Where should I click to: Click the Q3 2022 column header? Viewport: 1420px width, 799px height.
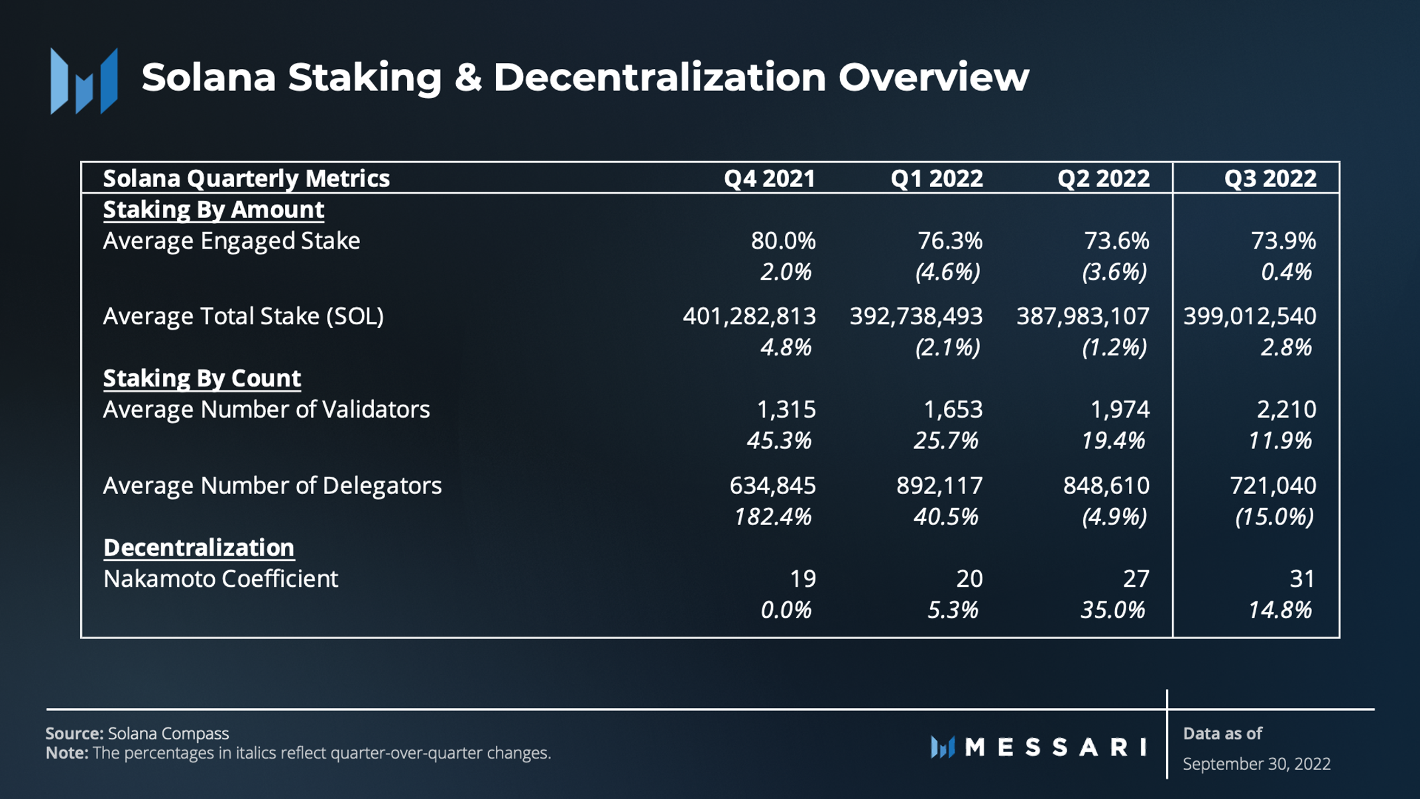[x=1270, y=178]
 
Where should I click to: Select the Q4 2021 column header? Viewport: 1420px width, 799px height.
[x=769, y=178]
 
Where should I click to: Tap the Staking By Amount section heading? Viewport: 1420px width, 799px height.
[x=213, y=210]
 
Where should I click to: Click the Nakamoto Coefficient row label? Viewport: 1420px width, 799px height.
[x=221, y=579]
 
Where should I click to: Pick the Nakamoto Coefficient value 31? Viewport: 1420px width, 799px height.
[x=1302, y=579]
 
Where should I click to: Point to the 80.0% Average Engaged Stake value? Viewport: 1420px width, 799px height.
[x=783, y=241]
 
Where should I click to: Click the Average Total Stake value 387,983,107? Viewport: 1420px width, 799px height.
[x=1083, y=316]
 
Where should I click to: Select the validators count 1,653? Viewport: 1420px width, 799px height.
[x=953, y=410]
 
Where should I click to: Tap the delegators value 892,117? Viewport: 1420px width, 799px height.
[x=939, y=486]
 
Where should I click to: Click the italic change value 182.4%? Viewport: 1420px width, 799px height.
[x=772, y=517]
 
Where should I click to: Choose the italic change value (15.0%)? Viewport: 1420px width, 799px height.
[x=1273, y=517]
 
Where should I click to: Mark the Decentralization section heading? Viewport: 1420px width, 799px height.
[x=199, y=548]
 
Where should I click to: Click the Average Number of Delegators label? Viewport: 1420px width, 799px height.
[x=272, y=486]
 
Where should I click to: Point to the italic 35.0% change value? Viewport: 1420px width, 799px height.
[x=1112, y=610]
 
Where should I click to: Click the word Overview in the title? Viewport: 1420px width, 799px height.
[x=933, y=77]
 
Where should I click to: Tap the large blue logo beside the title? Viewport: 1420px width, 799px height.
[x=84, y=81]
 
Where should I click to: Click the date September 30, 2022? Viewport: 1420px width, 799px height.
[x=1256, y=764]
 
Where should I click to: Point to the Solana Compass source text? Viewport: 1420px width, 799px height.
[x=168, y=733]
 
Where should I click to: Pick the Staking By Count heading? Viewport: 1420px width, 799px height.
[x=202, y=378]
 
